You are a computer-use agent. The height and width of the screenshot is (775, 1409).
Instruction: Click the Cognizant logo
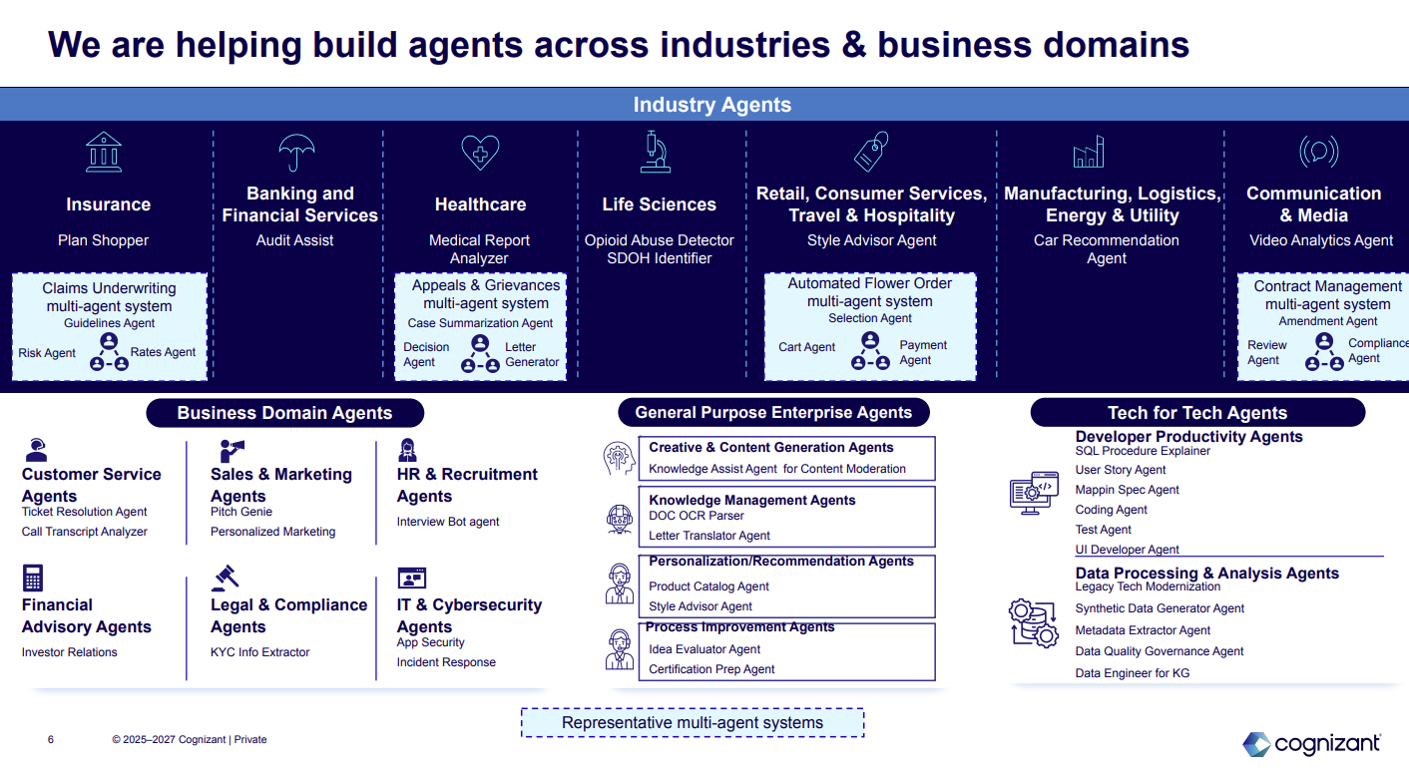click(x=1311, y=744)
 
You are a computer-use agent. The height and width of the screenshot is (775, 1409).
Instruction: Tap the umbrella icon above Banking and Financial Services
click(x=296, y=154)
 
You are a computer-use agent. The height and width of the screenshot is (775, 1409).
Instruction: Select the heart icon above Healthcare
click(x=480, y=153)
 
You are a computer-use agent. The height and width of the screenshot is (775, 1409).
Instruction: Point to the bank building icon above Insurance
click(x=104, y=153)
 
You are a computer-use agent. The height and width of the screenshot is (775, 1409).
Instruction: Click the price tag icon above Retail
click(x=871, y=152)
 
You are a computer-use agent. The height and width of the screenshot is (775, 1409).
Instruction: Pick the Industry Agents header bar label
click(x=711, y=105)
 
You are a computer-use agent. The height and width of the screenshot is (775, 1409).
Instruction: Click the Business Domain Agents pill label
click(x=284, y=413)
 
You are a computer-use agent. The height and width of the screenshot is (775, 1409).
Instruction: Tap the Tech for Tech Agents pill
click(x=1196, y=413)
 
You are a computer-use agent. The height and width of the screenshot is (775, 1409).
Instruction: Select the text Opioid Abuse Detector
click(x=659, y=240)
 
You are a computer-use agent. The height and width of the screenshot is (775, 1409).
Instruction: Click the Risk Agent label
click(x=47, y=353)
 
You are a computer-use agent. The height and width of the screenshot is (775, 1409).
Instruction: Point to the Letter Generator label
click(x=532, y=354)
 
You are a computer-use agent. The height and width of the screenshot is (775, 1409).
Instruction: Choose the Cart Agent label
click(x=806, y=347)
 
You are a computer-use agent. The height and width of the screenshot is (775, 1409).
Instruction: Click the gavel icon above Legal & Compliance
click(x=225, y=578)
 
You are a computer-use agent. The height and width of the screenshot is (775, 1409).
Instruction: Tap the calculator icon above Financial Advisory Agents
click(x=33, y=578)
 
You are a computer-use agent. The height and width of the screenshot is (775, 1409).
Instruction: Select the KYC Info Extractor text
click(x=259, y=652)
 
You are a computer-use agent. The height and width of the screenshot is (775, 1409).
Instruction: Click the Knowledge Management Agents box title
click(x=751, y=500)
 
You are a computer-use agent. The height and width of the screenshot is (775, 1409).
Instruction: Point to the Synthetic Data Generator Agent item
click(x=1160, y=608)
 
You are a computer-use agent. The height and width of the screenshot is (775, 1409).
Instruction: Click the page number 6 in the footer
click(x=51, y=740)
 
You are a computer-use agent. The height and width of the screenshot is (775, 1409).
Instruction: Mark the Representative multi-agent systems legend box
click(x=693, y=723)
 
